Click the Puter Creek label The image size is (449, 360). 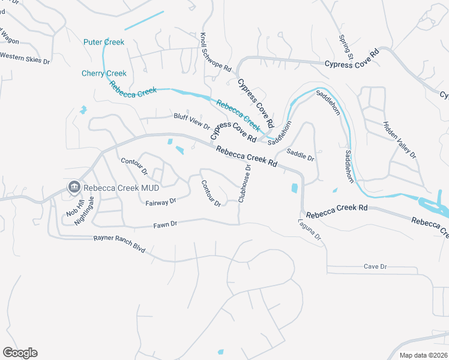click(104, 42)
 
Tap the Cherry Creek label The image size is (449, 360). click(104, 73)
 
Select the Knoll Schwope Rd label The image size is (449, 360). click(216, 53)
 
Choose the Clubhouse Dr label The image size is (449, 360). click(244, 184)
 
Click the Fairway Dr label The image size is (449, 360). click(161, 203)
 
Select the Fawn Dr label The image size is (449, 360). click(166, 224)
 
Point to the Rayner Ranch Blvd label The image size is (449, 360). click(119, 244)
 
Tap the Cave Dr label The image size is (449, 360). click(376, 266)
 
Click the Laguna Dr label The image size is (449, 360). click(310, 230)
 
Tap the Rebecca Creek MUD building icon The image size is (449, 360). click(74, 187)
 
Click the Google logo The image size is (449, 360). click(20, 353)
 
